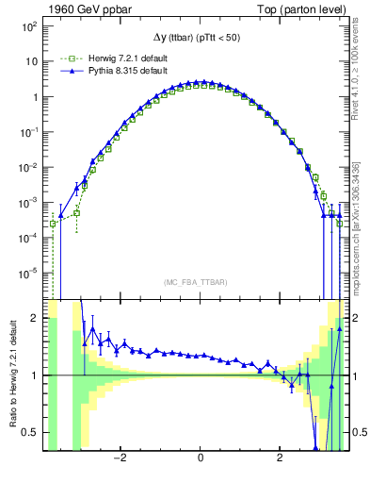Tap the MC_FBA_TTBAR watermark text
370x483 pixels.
point(200,282)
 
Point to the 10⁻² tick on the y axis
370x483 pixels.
point(30,168)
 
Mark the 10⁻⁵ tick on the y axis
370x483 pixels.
point(30,275)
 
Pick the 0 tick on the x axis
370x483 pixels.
point(201,459)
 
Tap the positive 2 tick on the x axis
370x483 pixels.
point(280,459)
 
